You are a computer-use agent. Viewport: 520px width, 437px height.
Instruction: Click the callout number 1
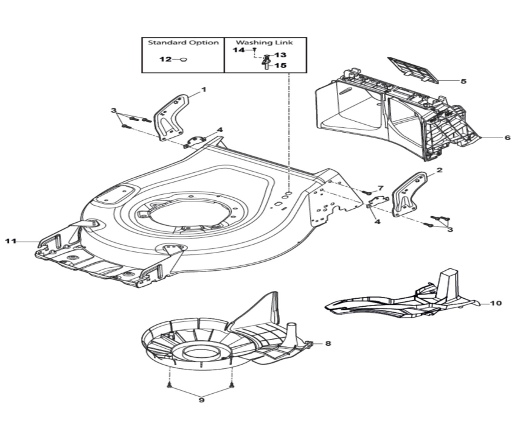click(x=204, y=89)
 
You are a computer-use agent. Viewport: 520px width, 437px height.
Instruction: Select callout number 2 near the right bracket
click(x=439, y=170)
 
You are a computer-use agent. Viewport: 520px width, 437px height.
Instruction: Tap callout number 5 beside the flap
click(x=463, y=81)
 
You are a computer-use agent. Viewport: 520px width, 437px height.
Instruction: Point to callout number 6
click(x=507, y=138)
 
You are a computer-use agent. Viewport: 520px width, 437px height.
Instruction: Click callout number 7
click(x=381, y=188)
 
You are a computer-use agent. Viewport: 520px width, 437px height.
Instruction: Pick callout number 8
click(x=328, y=344)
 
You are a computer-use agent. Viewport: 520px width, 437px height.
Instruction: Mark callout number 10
click(x=496, y=302)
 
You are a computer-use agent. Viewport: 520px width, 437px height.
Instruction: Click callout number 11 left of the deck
click(x=9, y=242)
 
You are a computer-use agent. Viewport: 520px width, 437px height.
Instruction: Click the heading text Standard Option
click(x=183, y=43)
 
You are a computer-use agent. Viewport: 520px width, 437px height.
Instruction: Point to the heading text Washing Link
click(x=265, y=43)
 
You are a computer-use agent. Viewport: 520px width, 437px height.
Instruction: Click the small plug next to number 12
click(x=184, y=60)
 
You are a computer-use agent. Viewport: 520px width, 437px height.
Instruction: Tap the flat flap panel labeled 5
click(x=414, y=68)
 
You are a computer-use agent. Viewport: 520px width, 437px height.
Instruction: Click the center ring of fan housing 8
click(x=198, y=352)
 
